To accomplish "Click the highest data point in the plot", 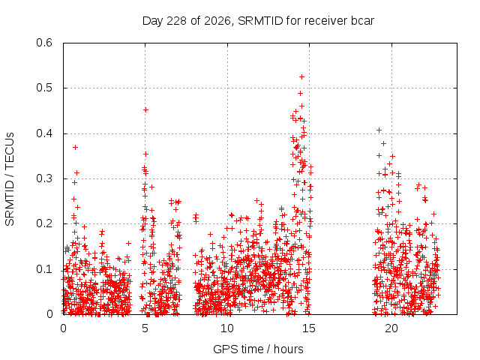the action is (301, 76).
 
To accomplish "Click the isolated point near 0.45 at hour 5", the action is (146, 110).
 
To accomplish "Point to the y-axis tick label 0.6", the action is (44, 43).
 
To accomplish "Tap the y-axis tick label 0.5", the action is (44, 88).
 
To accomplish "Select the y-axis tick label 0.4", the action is (44, 133).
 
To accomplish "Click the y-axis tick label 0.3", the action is (44, 178).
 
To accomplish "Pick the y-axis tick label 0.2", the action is (44, 223).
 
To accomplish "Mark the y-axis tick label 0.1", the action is (44, 269).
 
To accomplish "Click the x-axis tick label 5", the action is (145, 328).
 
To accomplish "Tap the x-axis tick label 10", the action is (227, 328).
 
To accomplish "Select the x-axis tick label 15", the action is (309, 328).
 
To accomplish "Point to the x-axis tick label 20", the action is (391, 328).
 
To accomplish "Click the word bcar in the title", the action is (362, 21).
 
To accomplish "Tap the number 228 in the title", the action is (177, 21).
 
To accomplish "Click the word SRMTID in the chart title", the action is (260, 21).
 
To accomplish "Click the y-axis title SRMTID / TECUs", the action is (10, 179).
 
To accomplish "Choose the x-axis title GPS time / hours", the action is (258, 349).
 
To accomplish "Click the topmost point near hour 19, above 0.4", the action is (379, 130).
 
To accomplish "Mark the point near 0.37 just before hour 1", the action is (75, 148).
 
